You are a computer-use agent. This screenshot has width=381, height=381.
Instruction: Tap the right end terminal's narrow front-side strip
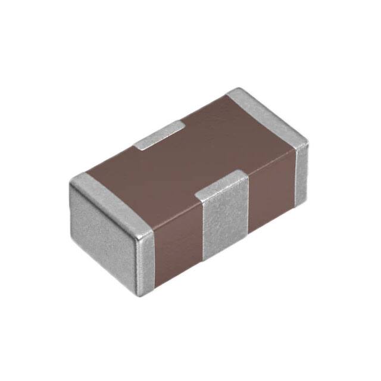coord(301,173)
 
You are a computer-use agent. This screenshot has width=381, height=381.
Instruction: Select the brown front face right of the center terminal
coord(271,196)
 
